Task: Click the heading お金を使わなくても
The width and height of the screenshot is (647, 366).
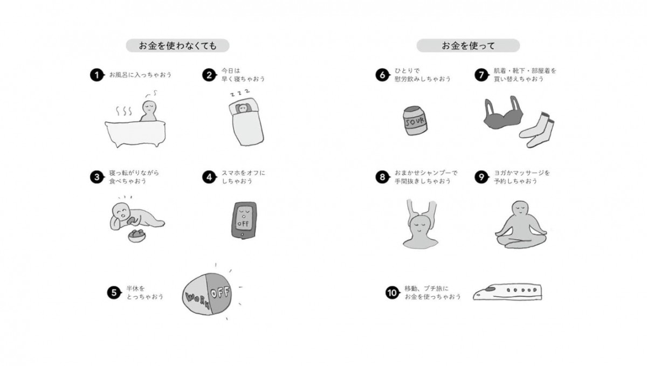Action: [x=178, y=46]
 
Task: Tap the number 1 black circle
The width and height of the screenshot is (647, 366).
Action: [x=97, y=75]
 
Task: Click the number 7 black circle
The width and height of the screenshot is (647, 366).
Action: [x=481, y=75]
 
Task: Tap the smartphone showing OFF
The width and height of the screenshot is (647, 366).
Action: [x=242, y=220]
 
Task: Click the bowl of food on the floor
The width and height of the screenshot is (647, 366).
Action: [x=136, y=236]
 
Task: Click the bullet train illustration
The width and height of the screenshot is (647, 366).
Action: [x=507, y=292]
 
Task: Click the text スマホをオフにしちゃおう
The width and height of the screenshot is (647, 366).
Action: [x=243, y=177]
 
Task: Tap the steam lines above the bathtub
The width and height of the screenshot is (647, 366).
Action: [x=125, y=111]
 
